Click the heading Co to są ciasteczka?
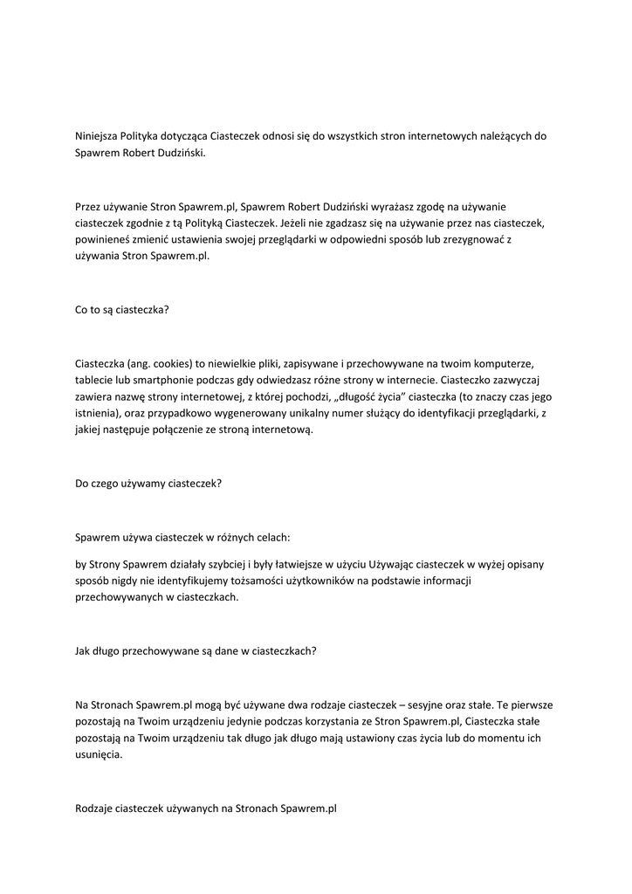pos(122,310)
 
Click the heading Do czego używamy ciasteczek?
pos(148,483)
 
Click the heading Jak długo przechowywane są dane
pos(196,650)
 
